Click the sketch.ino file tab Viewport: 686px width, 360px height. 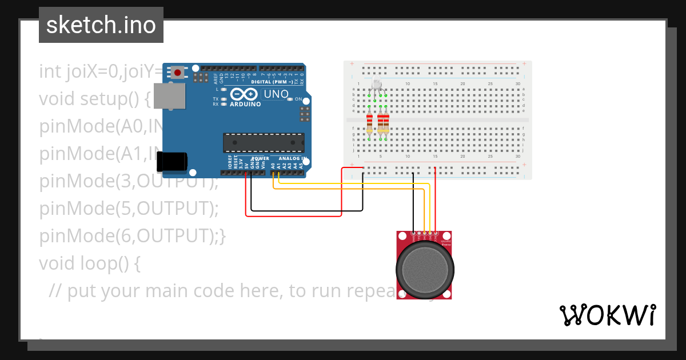pyautogui.click(x=101, y=25)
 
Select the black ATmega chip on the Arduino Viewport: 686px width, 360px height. pyautogui.click(x=264, y=143)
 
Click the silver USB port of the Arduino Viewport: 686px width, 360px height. pyautogui.click(x=170, y=95)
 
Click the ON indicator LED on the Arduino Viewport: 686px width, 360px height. pyautogui.click(x=290, y=99)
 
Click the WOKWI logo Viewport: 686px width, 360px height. pyautogui.click(x=607, y=315)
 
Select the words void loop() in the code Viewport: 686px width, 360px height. pyautogui.click(x=89, y=263)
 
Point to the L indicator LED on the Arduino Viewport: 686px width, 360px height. pyautogui.click(x=224, y=90)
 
